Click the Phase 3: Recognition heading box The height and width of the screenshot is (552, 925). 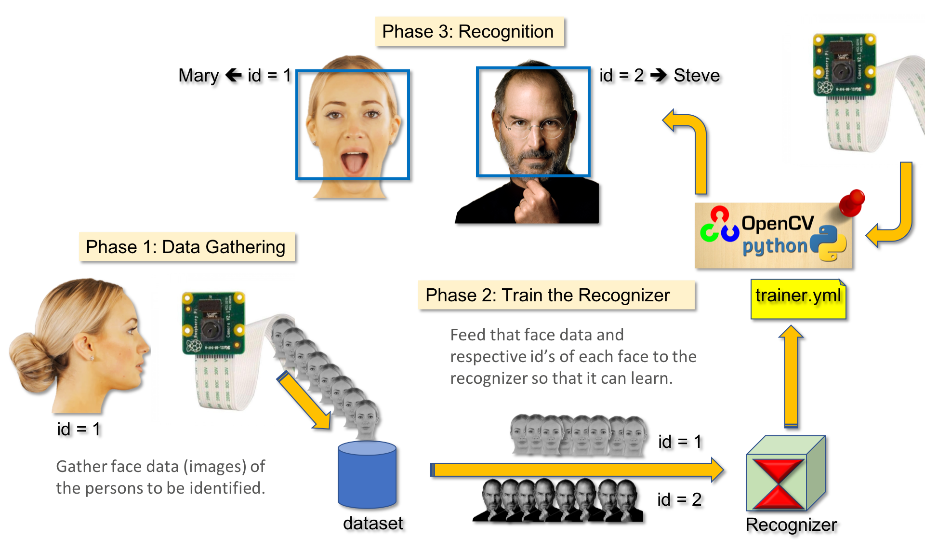pos(469,32)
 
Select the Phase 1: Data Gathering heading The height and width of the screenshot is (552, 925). pos(186,247)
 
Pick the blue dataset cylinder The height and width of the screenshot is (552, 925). pos(367,475)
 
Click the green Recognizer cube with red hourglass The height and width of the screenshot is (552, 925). pos(785,475)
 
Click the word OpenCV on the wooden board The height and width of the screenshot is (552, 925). pos(777,223)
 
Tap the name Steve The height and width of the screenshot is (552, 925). pos(697,75)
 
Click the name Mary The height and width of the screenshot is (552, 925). pos(198,76)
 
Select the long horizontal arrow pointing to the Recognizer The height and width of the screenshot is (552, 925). pos(576,470)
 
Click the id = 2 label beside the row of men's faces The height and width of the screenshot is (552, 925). pos(679,499)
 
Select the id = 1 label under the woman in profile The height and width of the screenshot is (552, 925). pos(79,429)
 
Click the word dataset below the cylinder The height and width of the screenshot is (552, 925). pos(372,523)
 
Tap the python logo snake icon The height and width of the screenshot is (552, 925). pos(828,243)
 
